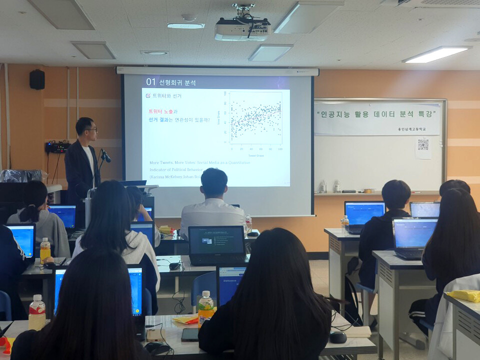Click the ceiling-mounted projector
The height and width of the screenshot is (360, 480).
[242, 30]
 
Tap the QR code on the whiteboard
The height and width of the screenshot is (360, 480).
[423, 145]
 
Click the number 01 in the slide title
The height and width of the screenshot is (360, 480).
[151, 82]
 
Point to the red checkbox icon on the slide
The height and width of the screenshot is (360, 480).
[148, 95]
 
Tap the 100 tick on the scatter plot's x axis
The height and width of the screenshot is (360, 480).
[280, 149]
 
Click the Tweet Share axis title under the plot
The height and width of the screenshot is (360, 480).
[256, 155]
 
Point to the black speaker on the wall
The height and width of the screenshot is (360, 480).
[36, 79]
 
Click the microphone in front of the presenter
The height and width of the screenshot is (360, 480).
[105, 155]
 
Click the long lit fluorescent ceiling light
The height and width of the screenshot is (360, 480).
[436, 54]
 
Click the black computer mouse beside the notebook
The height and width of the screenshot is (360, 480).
[338, 337]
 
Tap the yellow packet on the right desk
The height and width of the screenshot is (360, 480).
[463, 295]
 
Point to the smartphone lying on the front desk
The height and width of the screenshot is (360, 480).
[189, 334]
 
